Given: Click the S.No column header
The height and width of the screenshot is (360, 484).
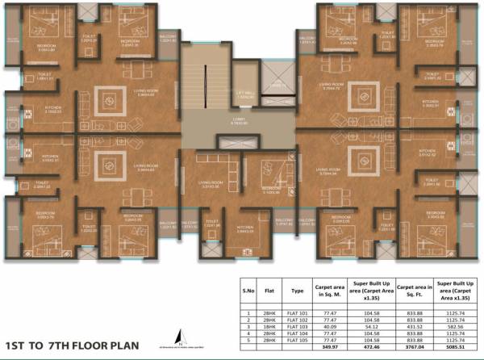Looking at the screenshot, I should pyautogui.click(x=249, y=289).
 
